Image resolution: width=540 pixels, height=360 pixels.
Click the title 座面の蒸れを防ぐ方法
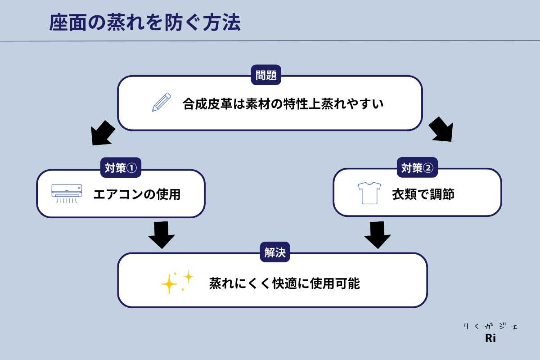click(x=145, y=23)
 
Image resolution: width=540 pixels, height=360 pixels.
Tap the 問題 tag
click(x=265, y=75)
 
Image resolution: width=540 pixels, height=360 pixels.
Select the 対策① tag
click(x=120, y=168)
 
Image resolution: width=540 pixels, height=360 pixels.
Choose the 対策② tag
click(x=417, y=168)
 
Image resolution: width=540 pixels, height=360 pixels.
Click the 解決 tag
click(x=274, y=253)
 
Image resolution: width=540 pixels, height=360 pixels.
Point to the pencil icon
click(x=162, y=102)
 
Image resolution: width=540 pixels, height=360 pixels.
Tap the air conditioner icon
click(x=67, y=192)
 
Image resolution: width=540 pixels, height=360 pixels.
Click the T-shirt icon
click(x=369, y=193)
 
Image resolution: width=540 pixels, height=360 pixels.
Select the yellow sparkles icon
click(x=177, y=282)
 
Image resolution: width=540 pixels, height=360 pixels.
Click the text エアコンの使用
click(x=137, y=194)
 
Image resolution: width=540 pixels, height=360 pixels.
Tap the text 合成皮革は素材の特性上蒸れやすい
click(x=283, y=104)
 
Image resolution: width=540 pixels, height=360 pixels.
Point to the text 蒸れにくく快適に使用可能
click(x=284, y=283)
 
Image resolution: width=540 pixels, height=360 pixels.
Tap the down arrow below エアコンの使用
click(x=161, y=234)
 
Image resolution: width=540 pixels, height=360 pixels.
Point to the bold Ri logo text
click(x=490, y=339)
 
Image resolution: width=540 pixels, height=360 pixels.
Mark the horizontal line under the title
click(x=270, y=41)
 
